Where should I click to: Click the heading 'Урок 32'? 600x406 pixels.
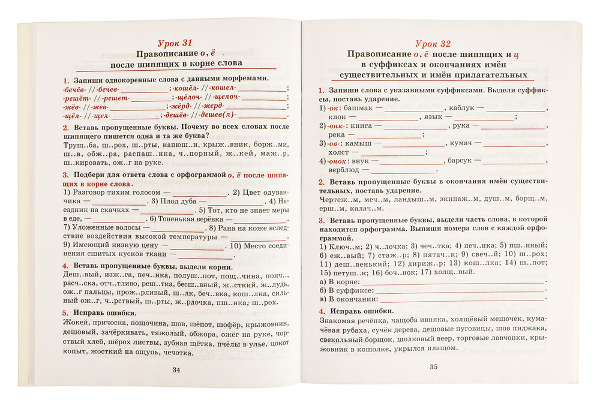click(x=433, y=43)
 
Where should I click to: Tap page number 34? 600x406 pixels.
click(x=176, y=369)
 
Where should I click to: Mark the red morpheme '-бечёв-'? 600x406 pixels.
click(x=73, y=89)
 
